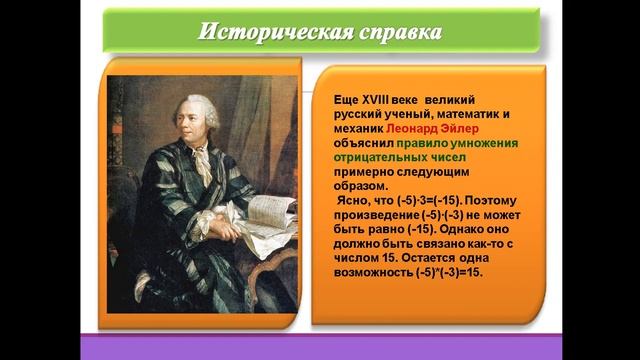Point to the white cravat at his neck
click(x=200, y=150)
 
